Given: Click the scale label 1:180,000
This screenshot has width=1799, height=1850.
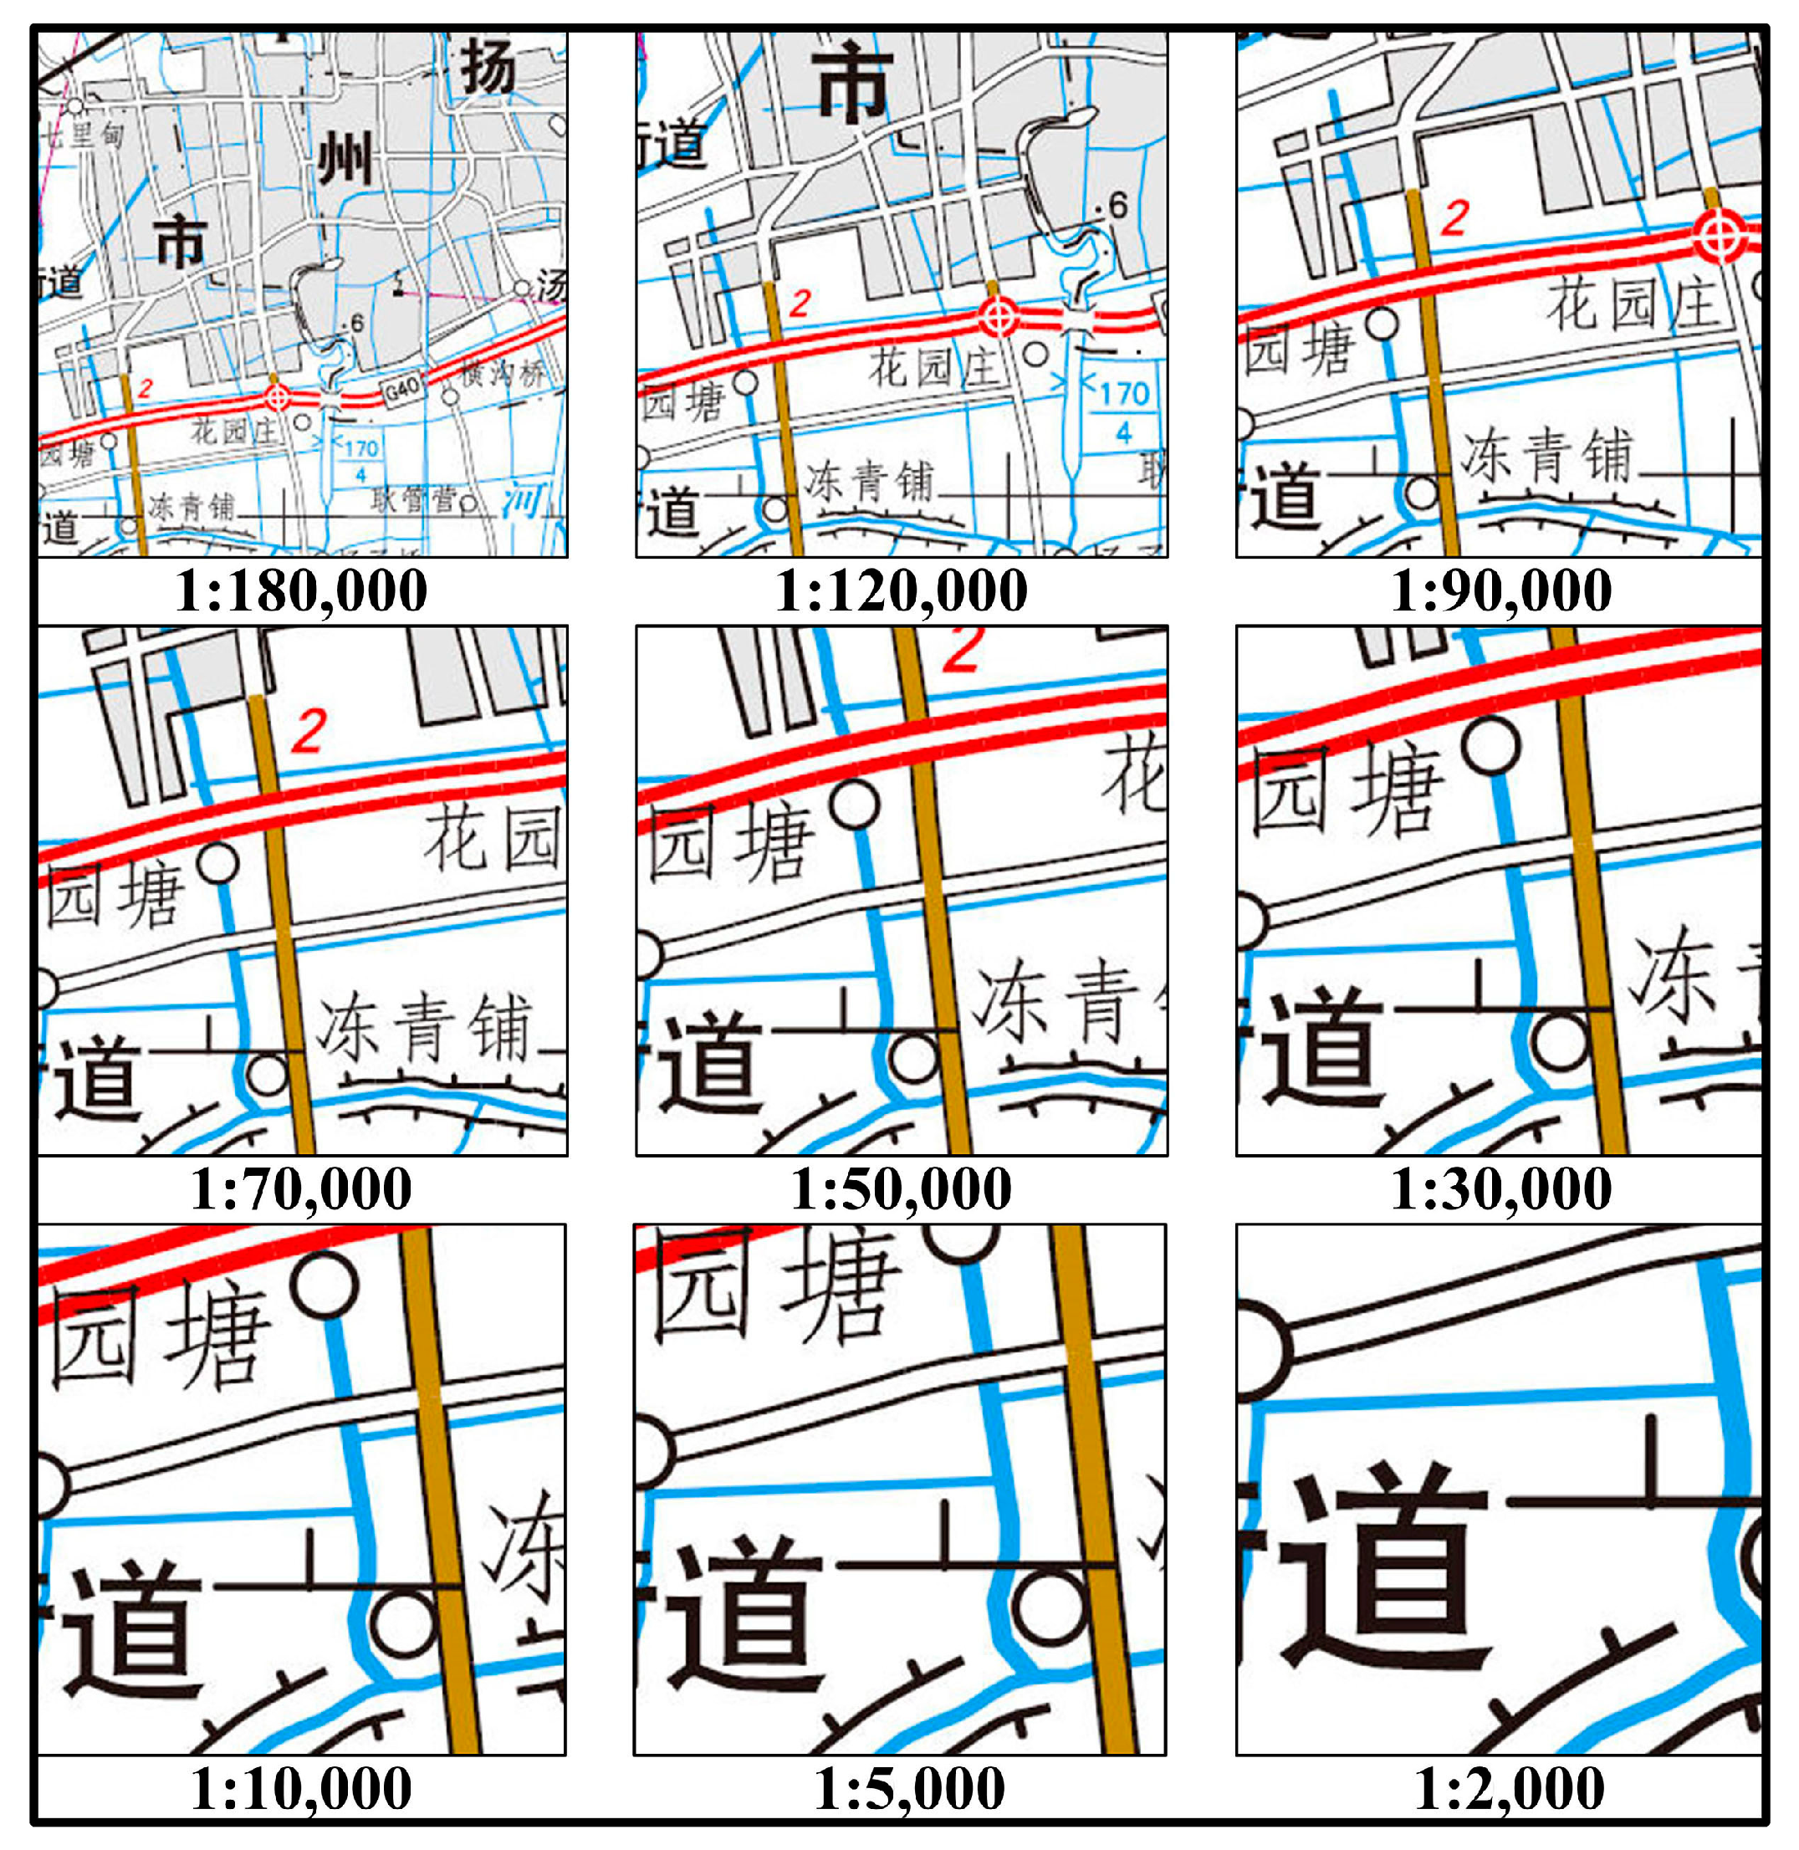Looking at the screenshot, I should (301, 591).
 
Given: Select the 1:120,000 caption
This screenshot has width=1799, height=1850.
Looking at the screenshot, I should (902, 591).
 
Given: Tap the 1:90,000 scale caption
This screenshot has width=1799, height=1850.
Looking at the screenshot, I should (1501, 591).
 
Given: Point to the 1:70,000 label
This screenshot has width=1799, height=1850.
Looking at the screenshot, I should (301, 1188).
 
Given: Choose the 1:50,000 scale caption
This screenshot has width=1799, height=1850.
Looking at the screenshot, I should (902, 1188).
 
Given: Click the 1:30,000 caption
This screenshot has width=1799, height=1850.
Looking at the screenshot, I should (1501, 1188).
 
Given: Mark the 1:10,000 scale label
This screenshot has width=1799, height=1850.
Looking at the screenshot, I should (301, 1789).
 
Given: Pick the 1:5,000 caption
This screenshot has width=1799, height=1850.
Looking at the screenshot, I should (909, 1789).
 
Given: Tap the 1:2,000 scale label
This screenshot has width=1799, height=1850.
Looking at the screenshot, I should (1509, 1789).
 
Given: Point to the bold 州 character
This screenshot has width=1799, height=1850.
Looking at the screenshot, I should (344, 158).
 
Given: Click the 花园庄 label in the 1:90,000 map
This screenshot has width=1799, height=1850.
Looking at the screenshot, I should (1631, 304).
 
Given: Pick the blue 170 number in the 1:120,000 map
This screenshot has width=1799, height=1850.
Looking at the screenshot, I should (1124, 393).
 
